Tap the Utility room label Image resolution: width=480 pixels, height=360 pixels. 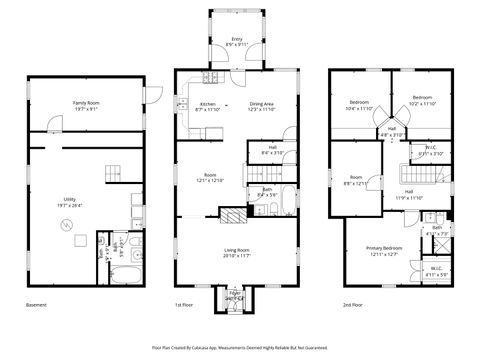pos(71,201)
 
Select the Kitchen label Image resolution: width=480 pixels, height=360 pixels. pos(208,106)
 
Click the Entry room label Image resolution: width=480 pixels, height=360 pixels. pos(237,41)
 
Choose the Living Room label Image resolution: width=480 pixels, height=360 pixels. pos(236,252)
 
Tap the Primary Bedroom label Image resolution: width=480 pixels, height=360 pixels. pos(384,250)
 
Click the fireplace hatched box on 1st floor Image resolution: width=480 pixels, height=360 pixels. pos(232,213)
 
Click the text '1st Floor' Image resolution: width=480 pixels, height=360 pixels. pos(185,304)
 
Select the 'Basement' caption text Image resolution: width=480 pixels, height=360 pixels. pos(37,304)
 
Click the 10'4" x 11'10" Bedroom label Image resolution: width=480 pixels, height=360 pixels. pos(358,104)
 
